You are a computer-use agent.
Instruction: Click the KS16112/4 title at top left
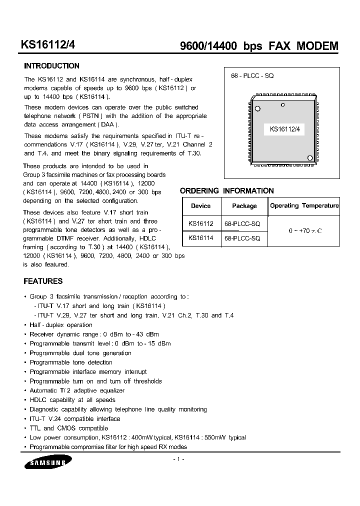[48, 45]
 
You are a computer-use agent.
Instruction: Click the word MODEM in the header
[317, 46]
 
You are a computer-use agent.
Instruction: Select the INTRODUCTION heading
[51, 66]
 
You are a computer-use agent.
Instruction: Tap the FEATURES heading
[43, 281]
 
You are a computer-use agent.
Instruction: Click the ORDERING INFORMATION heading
[226, 191]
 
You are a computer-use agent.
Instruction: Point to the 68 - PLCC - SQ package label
[252, 75]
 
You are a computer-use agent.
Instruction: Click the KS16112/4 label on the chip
[284, 129]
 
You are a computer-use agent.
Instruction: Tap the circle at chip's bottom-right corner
[309, 158]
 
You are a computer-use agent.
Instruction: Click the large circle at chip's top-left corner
[257, 108]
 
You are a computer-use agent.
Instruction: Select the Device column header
[200, 206]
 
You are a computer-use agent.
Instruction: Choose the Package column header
[244, 206]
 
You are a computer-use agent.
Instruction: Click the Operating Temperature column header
[304, 205]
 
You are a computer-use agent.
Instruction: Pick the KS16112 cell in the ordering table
[200, 224]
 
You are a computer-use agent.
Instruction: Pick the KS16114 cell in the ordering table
[200, 238]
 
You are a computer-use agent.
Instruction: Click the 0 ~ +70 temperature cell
[304, 231]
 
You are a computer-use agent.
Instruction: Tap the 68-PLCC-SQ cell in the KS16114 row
[242, 238]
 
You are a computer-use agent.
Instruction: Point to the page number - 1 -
[179, 459]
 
